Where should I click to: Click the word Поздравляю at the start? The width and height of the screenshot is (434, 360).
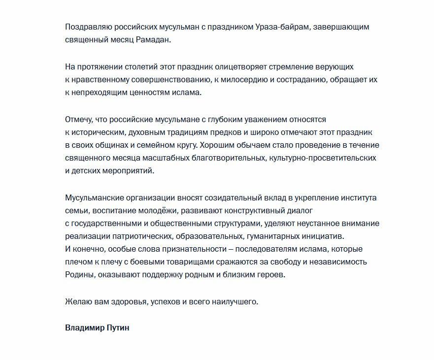click(87, 27)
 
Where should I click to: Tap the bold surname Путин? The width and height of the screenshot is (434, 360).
click(118, 327)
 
